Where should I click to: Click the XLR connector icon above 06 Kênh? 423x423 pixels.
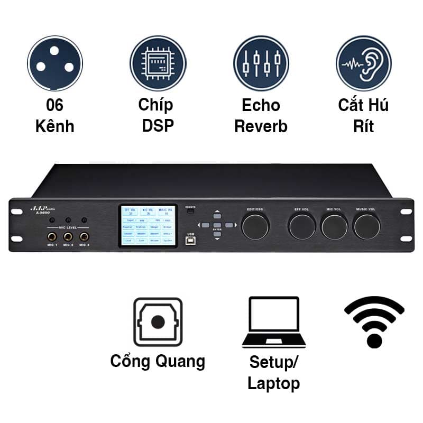point(55,63)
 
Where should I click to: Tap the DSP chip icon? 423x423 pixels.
point(158,63)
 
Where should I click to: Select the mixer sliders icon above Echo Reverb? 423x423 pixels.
point(261,63)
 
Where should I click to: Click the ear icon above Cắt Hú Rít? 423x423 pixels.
point(364,63)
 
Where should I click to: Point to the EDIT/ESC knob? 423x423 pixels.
point(255,226)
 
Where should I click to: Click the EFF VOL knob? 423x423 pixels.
point(302,226)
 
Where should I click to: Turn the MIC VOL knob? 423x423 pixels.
point(334,226)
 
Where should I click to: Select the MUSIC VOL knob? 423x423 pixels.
point(367,226)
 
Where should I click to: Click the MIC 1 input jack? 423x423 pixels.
point(52,236)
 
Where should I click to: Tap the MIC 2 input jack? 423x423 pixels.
point(68,236)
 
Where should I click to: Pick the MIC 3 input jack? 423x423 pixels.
point(84,236)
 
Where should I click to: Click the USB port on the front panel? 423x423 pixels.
point(190,239)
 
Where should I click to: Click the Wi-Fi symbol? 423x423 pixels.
point(374,321)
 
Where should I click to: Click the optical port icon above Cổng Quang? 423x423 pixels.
point(158,322)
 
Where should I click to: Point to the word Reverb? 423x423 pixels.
point(261,126)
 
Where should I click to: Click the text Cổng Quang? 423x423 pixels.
point(158,362)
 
